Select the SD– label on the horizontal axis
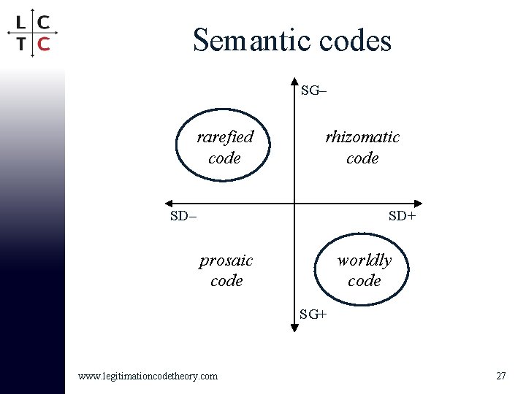click(x=183, y=216)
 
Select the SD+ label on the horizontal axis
click(x=402, y=216)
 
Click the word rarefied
click(x=225, y=136)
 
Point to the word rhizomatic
click(x=362, y=136)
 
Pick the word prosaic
click(x=226, y=260)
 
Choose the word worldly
click(x=364, y=260)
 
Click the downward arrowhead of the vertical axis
click(x=294, y=328)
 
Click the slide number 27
click(x=500, y=376)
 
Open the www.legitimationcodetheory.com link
click(x=148, y=376)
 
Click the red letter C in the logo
click(x=43, y=43)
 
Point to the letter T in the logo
click(x=22, y=43)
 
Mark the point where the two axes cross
click(x=294, y=203)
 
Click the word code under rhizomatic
click(x=362, y=158)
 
